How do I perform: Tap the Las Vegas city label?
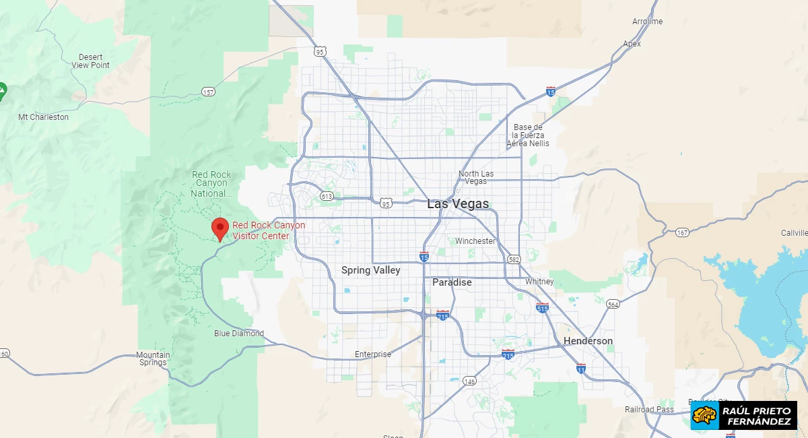tap(458, 204)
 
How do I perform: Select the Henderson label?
tap(588, 341)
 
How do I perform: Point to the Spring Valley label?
tap(370, 270)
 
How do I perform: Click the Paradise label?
tap(452, 282)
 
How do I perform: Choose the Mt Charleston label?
tap(43, 117)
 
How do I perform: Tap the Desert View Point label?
tap(90, 61)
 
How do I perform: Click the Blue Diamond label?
tap(239, 334)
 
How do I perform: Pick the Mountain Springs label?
tap(153, 358)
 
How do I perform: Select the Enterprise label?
tap(373, 354)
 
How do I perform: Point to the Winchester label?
tap(475, 241)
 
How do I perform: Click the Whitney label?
tap(539, 282)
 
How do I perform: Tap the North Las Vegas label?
tap(476, 178)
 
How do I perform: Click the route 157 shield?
tap(208, 92)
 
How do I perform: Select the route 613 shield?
tap(327, 196)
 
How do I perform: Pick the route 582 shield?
tap(514, 259)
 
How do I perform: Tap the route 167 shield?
tap(682, 232)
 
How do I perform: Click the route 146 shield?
tap(469, 381)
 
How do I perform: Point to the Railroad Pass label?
tap(649, 410)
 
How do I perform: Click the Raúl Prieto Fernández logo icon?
tap(704, 416)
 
